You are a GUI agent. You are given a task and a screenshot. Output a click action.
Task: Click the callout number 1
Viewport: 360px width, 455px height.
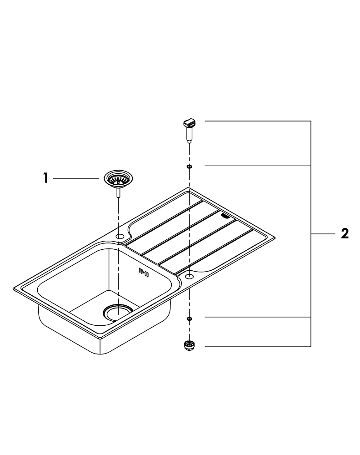click(x=45, y=178)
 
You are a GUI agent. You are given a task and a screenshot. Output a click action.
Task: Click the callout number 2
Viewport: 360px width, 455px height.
click(x=345, y=233)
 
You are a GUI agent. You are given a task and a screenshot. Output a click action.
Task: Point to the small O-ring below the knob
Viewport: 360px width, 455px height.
click(x=189, y=167)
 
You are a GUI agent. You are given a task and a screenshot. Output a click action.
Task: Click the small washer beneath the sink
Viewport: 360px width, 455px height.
click(x=189, y=318)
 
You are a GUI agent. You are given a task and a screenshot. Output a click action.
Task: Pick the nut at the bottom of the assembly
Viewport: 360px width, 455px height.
click(x=189, y=345)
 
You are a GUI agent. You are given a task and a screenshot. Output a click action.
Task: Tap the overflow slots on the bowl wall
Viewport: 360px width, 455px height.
click(x=144, y=272)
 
